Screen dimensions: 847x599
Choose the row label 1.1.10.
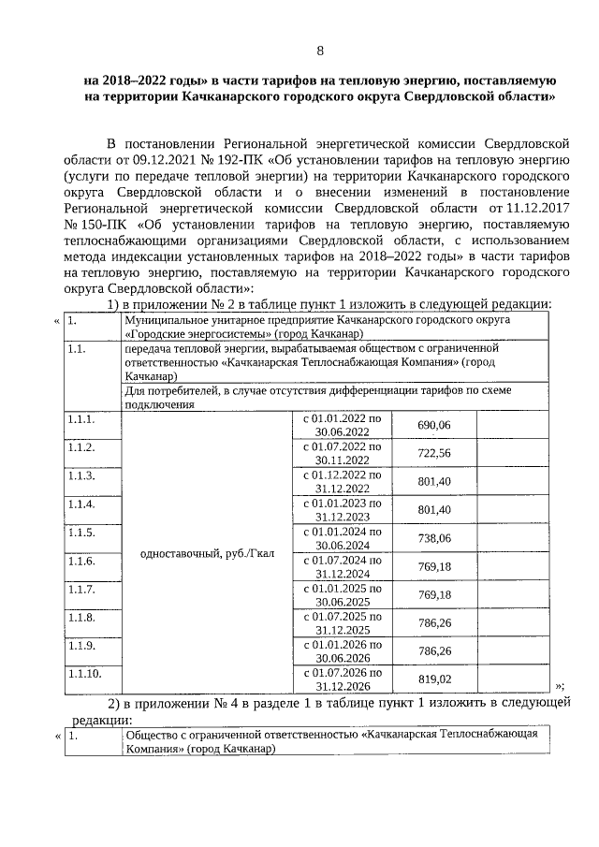click(x=83, y=673)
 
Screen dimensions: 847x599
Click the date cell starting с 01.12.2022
click(x=336, y=481)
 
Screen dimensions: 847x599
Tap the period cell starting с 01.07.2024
click(x=336, y=566)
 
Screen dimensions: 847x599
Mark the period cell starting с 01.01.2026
click(x=336, y=651)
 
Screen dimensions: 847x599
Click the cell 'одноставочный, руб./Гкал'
click(x=206, y=553)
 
